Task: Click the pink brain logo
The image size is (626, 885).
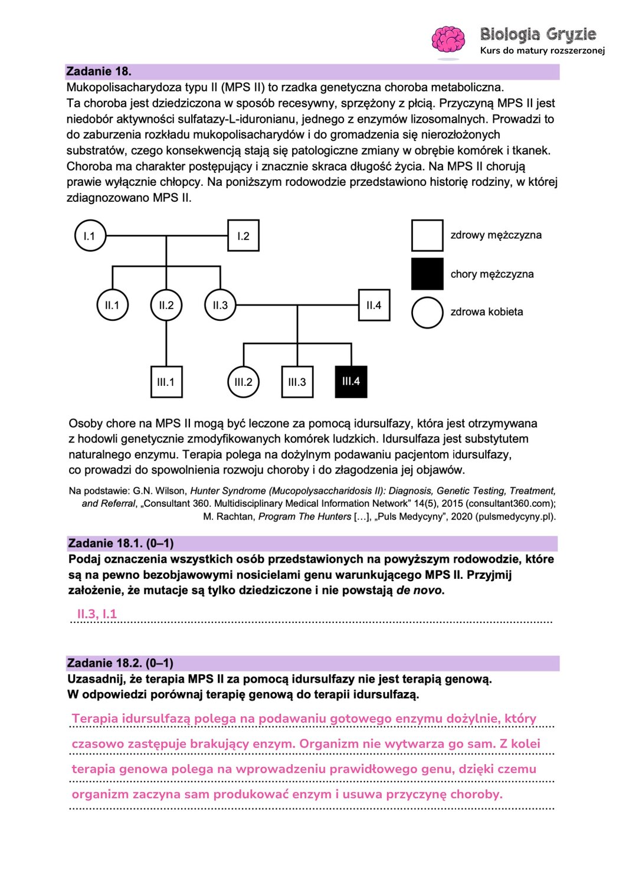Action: tap(448, 40)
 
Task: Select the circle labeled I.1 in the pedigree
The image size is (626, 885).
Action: tap(90, 236)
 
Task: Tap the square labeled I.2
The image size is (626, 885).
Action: tap(243, 236)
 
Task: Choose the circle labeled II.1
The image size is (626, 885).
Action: tap(112, 305)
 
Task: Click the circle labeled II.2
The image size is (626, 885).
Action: tap(166, 305)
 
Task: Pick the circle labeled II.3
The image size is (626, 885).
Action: tap(220, 305)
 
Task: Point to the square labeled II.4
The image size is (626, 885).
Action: tap(374, 305)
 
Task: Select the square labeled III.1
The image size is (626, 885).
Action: tap(166, 382)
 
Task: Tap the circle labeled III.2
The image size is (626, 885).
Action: tap(243, 382)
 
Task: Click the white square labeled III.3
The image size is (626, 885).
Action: tap(297, 382)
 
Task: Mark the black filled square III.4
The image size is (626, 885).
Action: tap(351, 381)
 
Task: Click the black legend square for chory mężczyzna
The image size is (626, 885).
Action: tap(427, 274)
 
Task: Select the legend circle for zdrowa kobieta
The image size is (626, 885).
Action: tap(427, 312)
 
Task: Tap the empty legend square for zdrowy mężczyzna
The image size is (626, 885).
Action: tap(427, 235)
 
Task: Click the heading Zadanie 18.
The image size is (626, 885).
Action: tap(99, 71)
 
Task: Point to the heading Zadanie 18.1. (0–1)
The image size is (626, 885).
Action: tap(121, 543)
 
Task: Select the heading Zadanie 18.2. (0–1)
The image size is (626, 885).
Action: tap(120, 663)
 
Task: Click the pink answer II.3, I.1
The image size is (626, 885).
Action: tap(97, 614)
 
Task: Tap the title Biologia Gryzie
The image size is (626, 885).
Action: tap(538, 34)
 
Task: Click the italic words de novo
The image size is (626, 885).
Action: tap(419, 590)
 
